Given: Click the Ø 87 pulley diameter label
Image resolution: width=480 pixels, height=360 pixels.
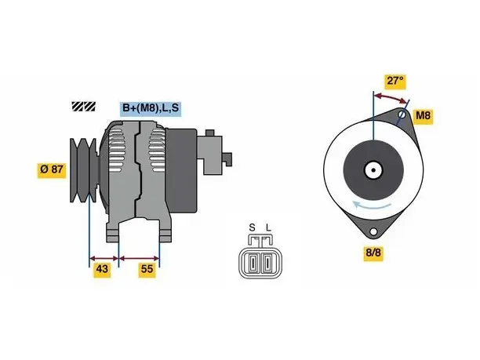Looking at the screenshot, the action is pos(52,169).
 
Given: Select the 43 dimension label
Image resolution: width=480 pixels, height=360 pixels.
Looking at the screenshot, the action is pos(102,269).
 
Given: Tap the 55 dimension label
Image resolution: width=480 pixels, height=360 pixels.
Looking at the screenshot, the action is pos(147,269).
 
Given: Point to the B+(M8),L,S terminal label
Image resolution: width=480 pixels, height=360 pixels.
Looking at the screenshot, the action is pos(151,108).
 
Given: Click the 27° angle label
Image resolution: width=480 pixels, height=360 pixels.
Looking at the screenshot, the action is pos(395,81).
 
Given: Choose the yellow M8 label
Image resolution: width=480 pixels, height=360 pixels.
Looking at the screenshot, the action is pos(423,115).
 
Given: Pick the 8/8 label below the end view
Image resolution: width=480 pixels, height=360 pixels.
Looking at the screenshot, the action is pos(373,253).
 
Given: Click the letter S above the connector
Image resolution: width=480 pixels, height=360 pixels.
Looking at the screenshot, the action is pos(252,227).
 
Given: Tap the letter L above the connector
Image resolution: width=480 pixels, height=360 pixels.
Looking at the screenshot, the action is pos(268,227).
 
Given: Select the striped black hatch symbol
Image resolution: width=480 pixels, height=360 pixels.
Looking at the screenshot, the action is pos(84,107).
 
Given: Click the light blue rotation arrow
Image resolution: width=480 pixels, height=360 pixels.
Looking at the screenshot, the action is pos(371,205).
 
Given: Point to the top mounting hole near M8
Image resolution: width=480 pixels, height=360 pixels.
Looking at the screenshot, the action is pos(402,115).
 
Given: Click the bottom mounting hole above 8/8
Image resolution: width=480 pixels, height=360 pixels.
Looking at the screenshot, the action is pos(373,231).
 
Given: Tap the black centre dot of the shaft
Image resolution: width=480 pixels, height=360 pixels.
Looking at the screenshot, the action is pos(373,170).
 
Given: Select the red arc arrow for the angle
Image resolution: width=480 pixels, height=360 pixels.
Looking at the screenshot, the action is pos(391,97).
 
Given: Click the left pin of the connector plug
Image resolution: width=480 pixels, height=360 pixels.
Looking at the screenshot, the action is pos(253,263).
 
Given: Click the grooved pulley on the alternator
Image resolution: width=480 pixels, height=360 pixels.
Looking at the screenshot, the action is pos(83,170).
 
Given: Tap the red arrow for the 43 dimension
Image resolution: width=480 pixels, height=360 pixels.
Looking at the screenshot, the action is pos(104,258).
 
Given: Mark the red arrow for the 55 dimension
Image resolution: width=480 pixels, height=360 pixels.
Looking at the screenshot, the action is pos(140,258).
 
